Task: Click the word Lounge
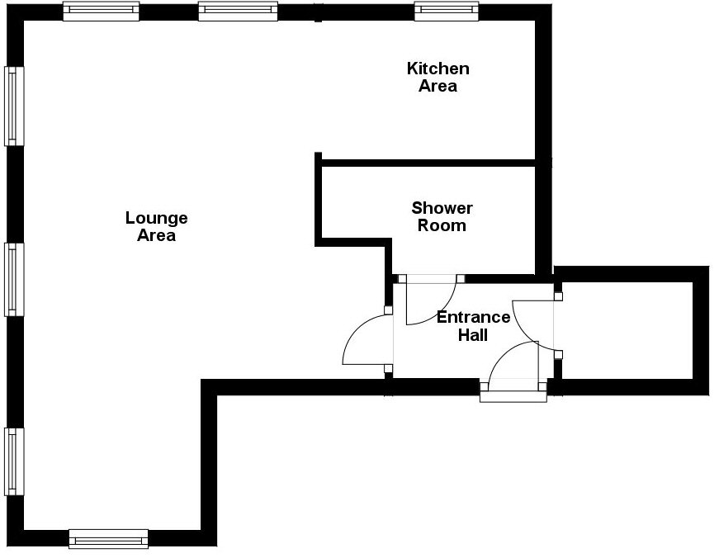157,218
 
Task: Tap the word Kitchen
438,69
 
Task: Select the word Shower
442,208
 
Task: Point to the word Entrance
473,318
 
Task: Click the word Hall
473,335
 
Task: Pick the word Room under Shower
442,225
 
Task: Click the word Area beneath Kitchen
438,86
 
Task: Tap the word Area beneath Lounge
157,235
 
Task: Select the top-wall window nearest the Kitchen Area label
447,12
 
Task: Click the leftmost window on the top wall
101,12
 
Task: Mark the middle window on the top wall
238,12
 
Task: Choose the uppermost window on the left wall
12,106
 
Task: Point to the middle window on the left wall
12,279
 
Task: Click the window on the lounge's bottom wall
108,538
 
